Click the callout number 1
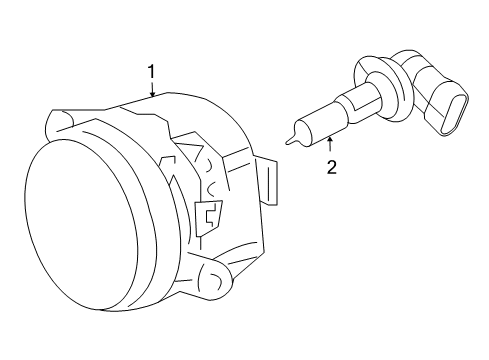pos(152,71)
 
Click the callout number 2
pos(331,167)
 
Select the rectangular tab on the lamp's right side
pos(270,179)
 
